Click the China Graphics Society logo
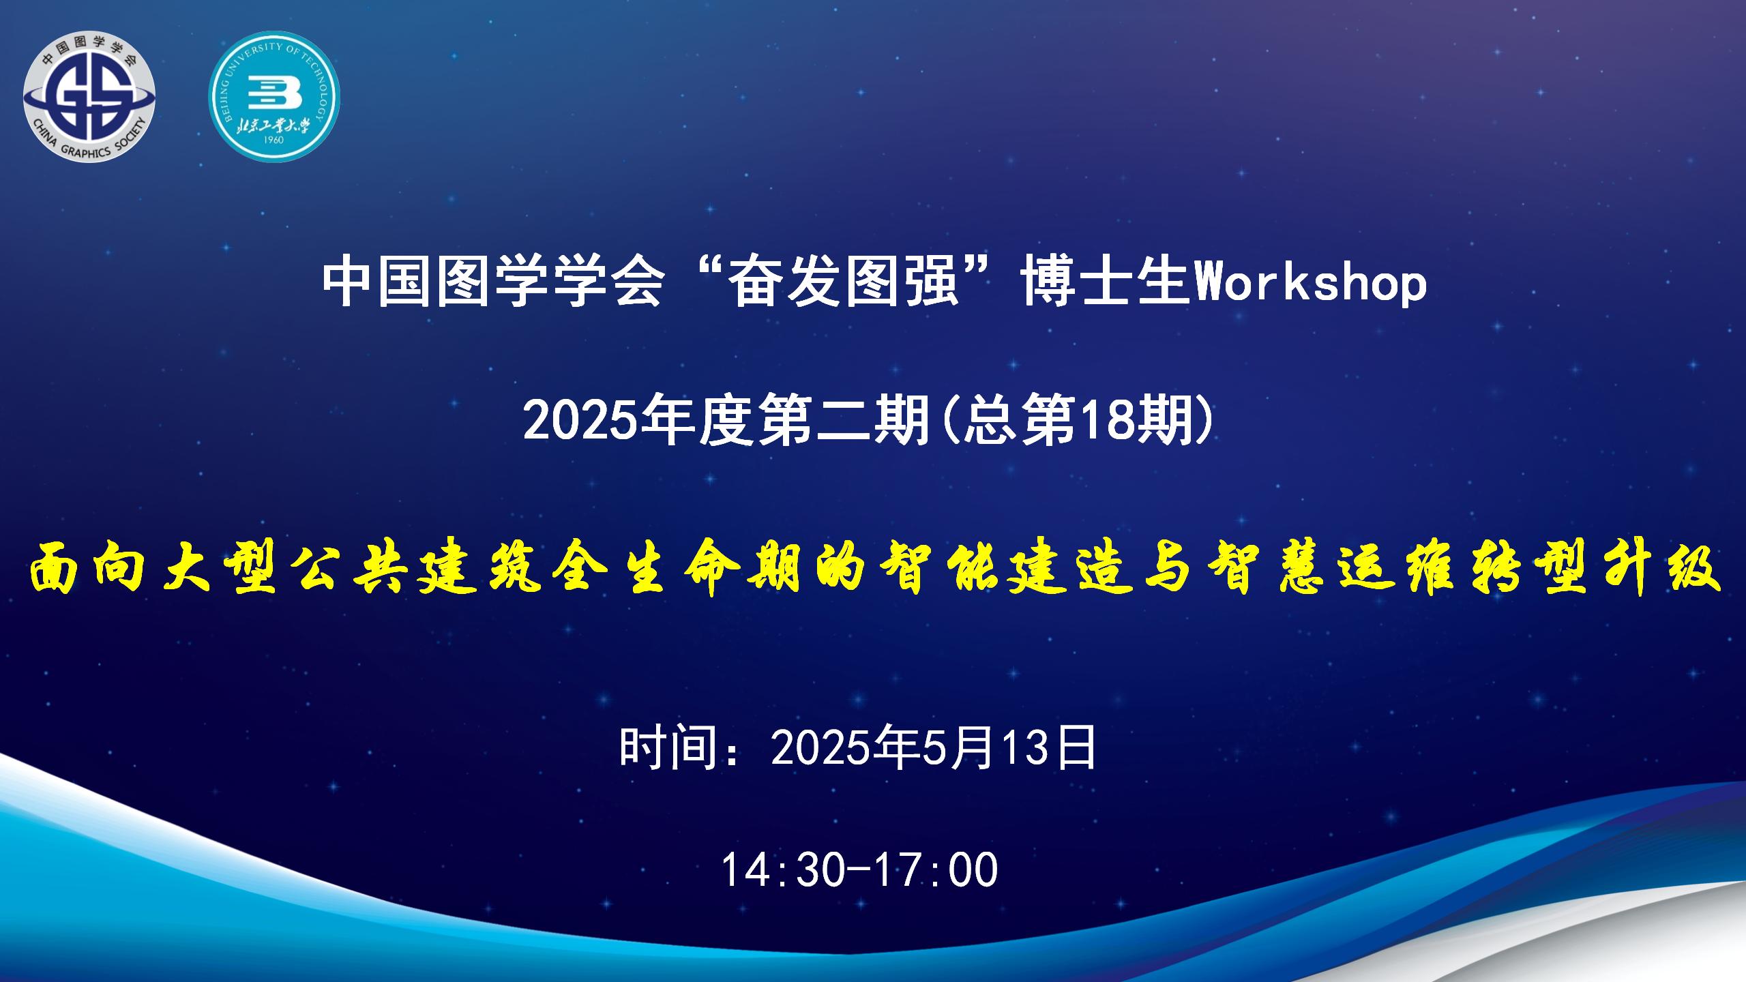[89, 96]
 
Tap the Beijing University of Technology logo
[273, 96]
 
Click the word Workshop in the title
[1312, 283]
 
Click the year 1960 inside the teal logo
[273, 140]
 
